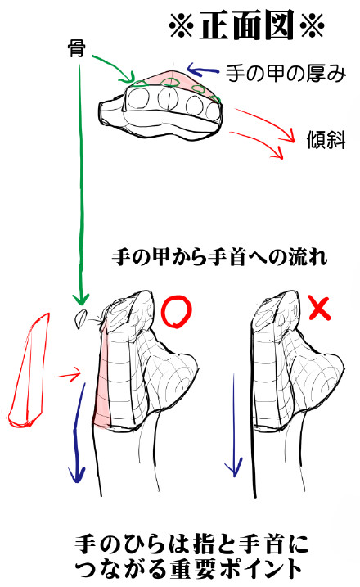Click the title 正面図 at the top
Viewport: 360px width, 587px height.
coord(246,25)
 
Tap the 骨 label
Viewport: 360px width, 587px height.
coord(76,48)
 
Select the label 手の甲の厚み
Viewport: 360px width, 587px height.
coord(286,73)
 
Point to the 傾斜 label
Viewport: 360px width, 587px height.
coord(326,140)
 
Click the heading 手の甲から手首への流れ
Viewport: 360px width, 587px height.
coord(219,257)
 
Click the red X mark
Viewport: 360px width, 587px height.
coord(320,308)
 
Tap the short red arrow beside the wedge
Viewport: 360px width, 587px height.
coord(67,374)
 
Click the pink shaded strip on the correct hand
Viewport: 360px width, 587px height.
coord(102,378)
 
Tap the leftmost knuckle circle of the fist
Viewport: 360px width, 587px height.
coord(138,98)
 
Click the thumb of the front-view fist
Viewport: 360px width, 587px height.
coord(111,111)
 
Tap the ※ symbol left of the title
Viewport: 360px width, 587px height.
coord(181,26)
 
